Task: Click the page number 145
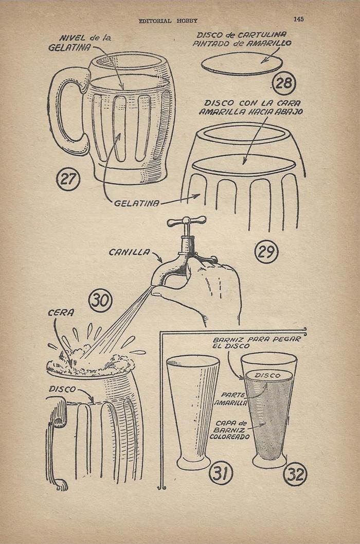298,19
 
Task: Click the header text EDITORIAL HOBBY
168,21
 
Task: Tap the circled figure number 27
68,179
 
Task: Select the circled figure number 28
284,83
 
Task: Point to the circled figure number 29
266,252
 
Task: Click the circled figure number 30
101,301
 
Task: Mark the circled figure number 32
295,474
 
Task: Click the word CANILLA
130,252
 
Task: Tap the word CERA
61,313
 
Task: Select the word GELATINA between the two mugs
137,203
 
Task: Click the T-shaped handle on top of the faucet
187,221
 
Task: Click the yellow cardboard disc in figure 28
242,64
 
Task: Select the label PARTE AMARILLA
234,399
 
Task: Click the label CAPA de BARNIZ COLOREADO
229,430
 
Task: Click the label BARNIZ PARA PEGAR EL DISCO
257,343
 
